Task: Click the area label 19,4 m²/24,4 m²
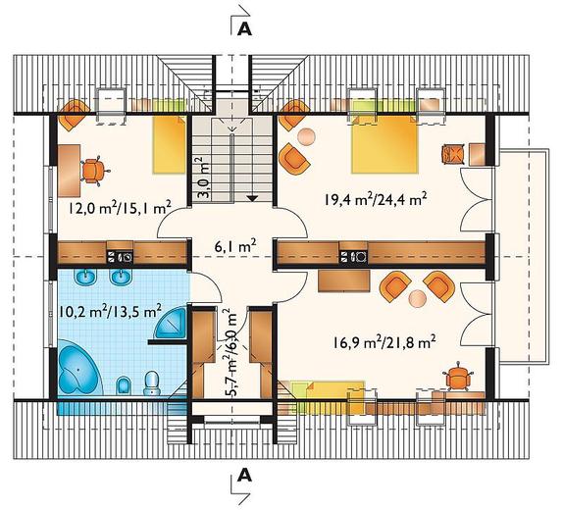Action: pos(375,199)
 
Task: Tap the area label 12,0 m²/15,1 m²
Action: pos(120,208)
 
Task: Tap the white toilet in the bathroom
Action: pos(152,383)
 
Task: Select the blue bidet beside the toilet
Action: pos(124,386)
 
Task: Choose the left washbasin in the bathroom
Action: pos(86,277)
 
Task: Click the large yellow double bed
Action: pos(384,144)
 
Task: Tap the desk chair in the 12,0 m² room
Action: pos(94,171)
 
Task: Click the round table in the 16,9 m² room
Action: pos(417,298)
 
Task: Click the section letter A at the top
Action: pos(245,29)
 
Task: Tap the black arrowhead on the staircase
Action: pos(252,198)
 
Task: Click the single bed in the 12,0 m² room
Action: pos(170,144)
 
